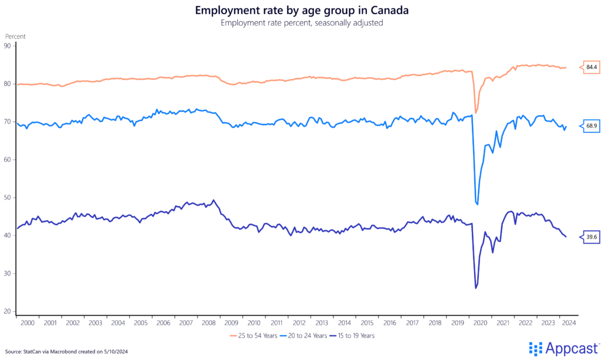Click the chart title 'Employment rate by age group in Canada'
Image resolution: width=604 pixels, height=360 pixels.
tap(301, 11)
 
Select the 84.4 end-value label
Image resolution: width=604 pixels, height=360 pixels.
tap(592, 67)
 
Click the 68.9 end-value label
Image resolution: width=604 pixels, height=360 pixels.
tap(592, 126)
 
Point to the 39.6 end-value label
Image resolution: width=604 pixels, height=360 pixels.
tap(592, 237)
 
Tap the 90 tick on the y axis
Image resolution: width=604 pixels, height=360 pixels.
tap(7, 45)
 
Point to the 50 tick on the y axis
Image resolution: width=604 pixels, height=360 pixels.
tap(7, 197)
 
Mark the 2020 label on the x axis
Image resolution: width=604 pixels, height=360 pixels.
tap(480, 323)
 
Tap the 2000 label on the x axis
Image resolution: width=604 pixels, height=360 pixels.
tap(28, 323)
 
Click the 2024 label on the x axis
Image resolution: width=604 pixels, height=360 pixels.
tap(569, 323)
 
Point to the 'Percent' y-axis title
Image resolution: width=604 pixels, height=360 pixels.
tap(15, 36)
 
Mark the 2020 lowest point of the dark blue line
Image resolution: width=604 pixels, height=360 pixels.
tap(475, 288)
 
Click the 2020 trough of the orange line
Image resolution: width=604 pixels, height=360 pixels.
tap(475, 113)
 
